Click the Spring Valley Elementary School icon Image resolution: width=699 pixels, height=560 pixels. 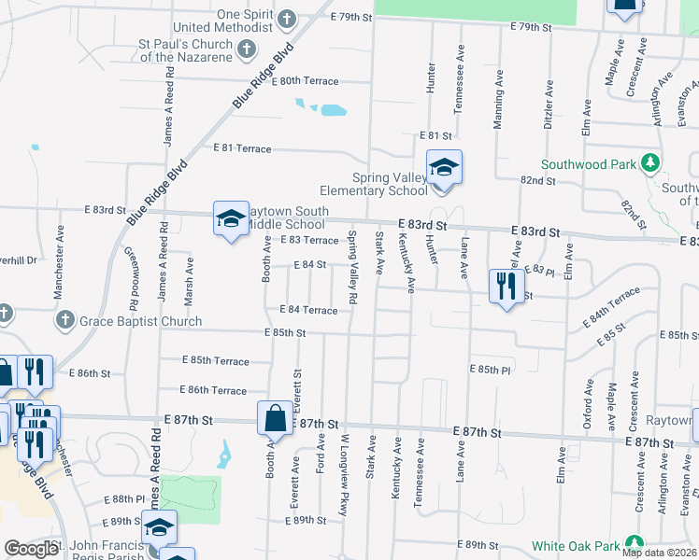pyautogui.click(x=444, y=168)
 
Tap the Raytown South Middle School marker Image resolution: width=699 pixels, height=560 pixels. pyautogui.click(x=231, y=219)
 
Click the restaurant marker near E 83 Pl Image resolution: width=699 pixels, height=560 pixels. pyautogui.click(x=506, y=287)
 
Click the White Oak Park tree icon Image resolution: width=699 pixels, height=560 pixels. pyautogui.click(x=635, y=544)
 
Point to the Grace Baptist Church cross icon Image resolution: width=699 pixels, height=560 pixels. pyautogui.click(x=64, y=321)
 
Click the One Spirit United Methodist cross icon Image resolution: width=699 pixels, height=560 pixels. pyautogui.click(x=287, y=18)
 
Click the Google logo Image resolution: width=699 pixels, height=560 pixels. pyautogui.click(x=31, y=550)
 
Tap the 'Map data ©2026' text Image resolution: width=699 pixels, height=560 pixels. pyautogui.click(x=658, y=553)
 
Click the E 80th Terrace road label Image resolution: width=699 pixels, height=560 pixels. pyautogui.click(x=305, y=81)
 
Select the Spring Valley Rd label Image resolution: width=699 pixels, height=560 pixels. pyautogui.click(x=352, y=267)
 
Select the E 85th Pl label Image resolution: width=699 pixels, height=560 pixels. pyautogui.click(x=490, y=369)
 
